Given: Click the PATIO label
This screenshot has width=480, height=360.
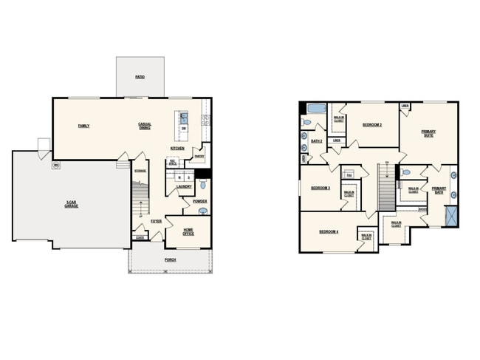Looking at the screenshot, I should pos(140,77).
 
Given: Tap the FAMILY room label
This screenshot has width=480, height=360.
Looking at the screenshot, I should pos(84,126).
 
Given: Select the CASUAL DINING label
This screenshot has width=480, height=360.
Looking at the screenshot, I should pos(145,126).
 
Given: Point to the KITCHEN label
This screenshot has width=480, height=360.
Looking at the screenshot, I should pos(177,149).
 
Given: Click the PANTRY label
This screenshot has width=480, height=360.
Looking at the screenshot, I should pos(199,156).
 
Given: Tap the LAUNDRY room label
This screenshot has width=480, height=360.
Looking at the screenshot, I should pos(184,187).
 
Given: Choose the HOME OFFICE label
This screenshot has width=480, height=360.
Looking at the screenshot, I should pos(188,232).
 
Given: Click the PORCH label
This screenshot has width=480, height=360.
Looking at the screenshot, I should pos(170,259).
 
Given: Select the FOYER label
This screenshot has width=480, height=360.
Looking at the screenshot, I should pos(157,221).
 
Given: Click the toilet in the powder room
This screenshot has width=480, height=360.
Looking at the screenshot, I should pos(203,211).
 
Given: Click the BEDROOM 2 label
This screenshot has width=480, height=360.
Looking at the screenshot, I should pos(371,125).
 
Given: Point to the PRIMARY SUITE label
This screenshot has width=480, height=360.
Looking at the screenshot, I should pos(428,134).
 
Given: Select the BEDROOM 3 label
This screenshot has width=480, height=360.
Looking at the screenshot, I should pos(320,189).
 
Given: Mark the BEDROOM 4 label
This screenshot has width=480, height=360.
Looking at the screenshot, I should pos(329,232).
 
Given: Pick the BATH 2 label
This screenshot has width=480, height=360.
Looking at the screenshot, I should pos(316,140).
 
